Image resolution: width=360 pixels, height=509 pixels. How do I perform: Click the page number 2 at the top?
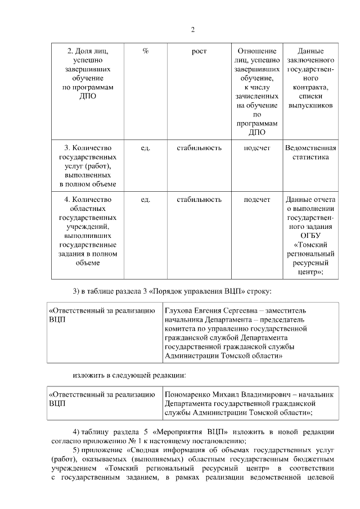click(x=192, y=30)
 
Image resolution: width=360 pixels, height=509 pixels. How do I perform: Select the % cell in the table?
click(x=145, y=52)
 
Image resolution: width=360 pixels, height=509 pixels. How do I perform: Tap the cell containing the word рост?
click(x=199, y=52)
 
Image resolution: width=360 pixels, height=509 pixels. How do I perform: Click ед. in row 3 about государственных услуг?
click(x=145, y=148)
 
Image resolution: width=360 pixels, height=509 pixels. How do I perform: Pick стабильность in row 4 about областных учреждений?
click(x=199, y=199)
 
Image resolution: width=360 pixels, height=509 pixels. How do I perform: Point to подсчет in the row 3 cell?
click(x=256, y=148)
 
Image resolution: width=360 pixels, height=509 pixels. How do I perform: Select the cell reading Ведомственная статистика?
click(x=310, y=152)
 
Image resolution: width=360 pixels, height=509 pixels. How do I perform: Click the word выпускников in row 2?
click(x=310, y=105)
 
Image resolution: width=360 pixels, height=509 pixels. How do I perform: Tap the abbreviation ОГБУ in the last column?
click(x=310, y=236)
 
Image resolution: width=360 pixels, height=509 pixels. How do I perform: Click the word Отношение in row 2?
click(x=256, y=51)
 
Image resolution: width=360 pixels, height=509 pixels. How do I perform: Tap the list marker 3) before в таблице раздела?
click(x=77, y=291)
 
